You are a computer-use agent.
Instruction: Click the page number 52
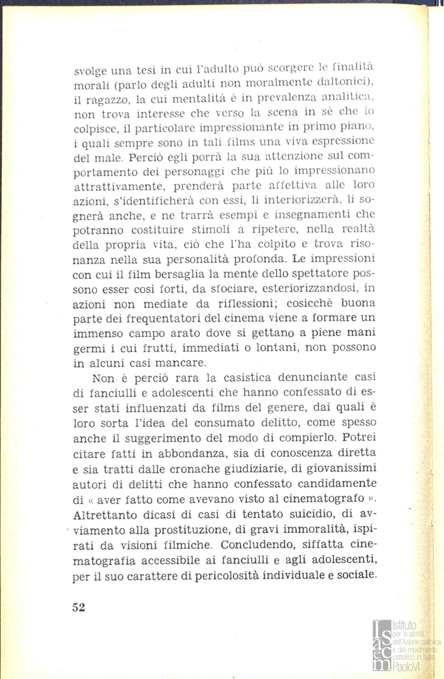point(78,607)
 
